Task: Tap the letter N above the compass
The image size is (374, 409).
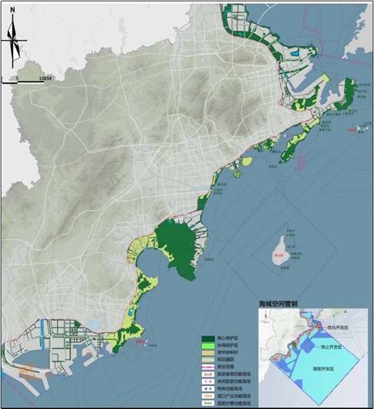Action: pyautogui.click(x=13, y=11)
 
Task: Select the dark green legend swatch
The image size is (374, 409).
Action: pyautogui.click(x=207, y=339)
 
